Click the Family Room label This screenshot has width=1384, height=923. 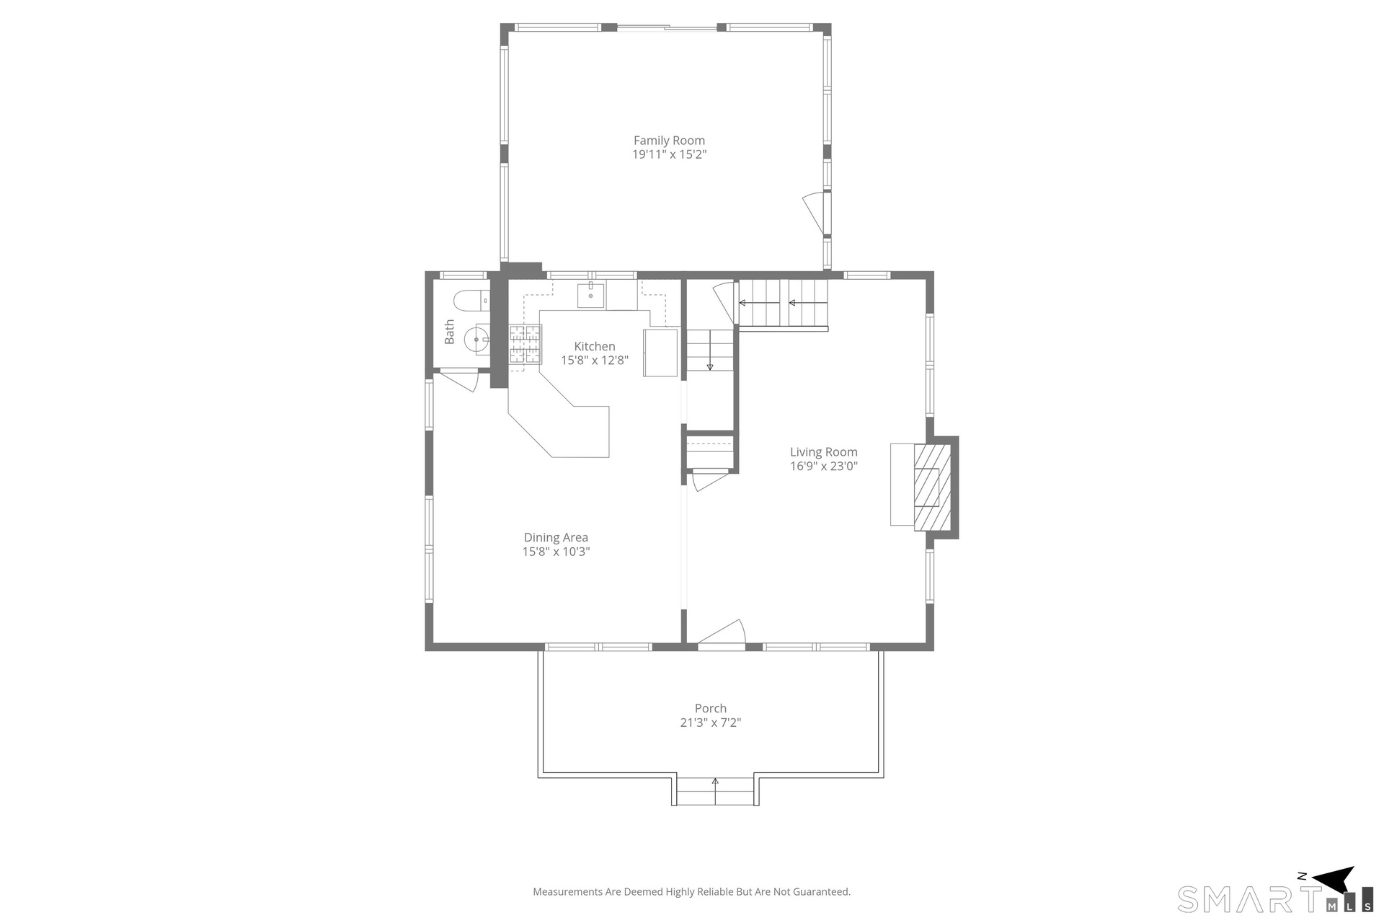pos(669,141)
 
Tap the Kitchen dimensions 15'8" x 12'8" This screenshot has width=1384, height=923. pos(595,361)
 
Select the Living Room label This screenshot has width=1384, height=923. pos(823,452)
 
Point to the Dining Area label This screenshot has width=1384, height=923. pos(556,537)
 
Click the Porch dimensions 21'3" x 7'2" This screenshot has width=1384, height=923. pos(710,723)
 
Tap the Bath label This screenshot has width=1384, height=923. pos(449,332)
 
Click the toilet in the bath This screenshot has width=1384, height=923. pos(471,300)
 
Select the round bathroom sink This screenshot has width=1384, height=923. pos(476,339)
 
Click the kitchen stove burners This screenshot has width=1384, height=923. pos(525,344)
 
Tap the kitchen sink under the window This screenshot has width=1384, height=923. pos(590,296)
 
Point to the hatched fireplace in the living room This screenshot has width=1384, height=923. pos(932,487)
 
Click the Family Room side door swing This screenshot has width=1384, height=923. pos(814,212)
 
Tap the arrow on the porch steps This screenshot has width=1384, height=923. pos(715,791)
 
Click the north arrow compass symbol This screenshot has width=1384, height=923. pos(1334,880)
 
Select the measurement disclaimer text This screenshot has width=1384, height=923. pos(691,892)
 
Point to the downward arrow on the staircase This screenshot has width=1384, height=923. pos(710,350)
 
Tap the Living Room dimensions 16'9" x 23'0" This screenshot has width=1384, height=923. pos(823,467)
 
